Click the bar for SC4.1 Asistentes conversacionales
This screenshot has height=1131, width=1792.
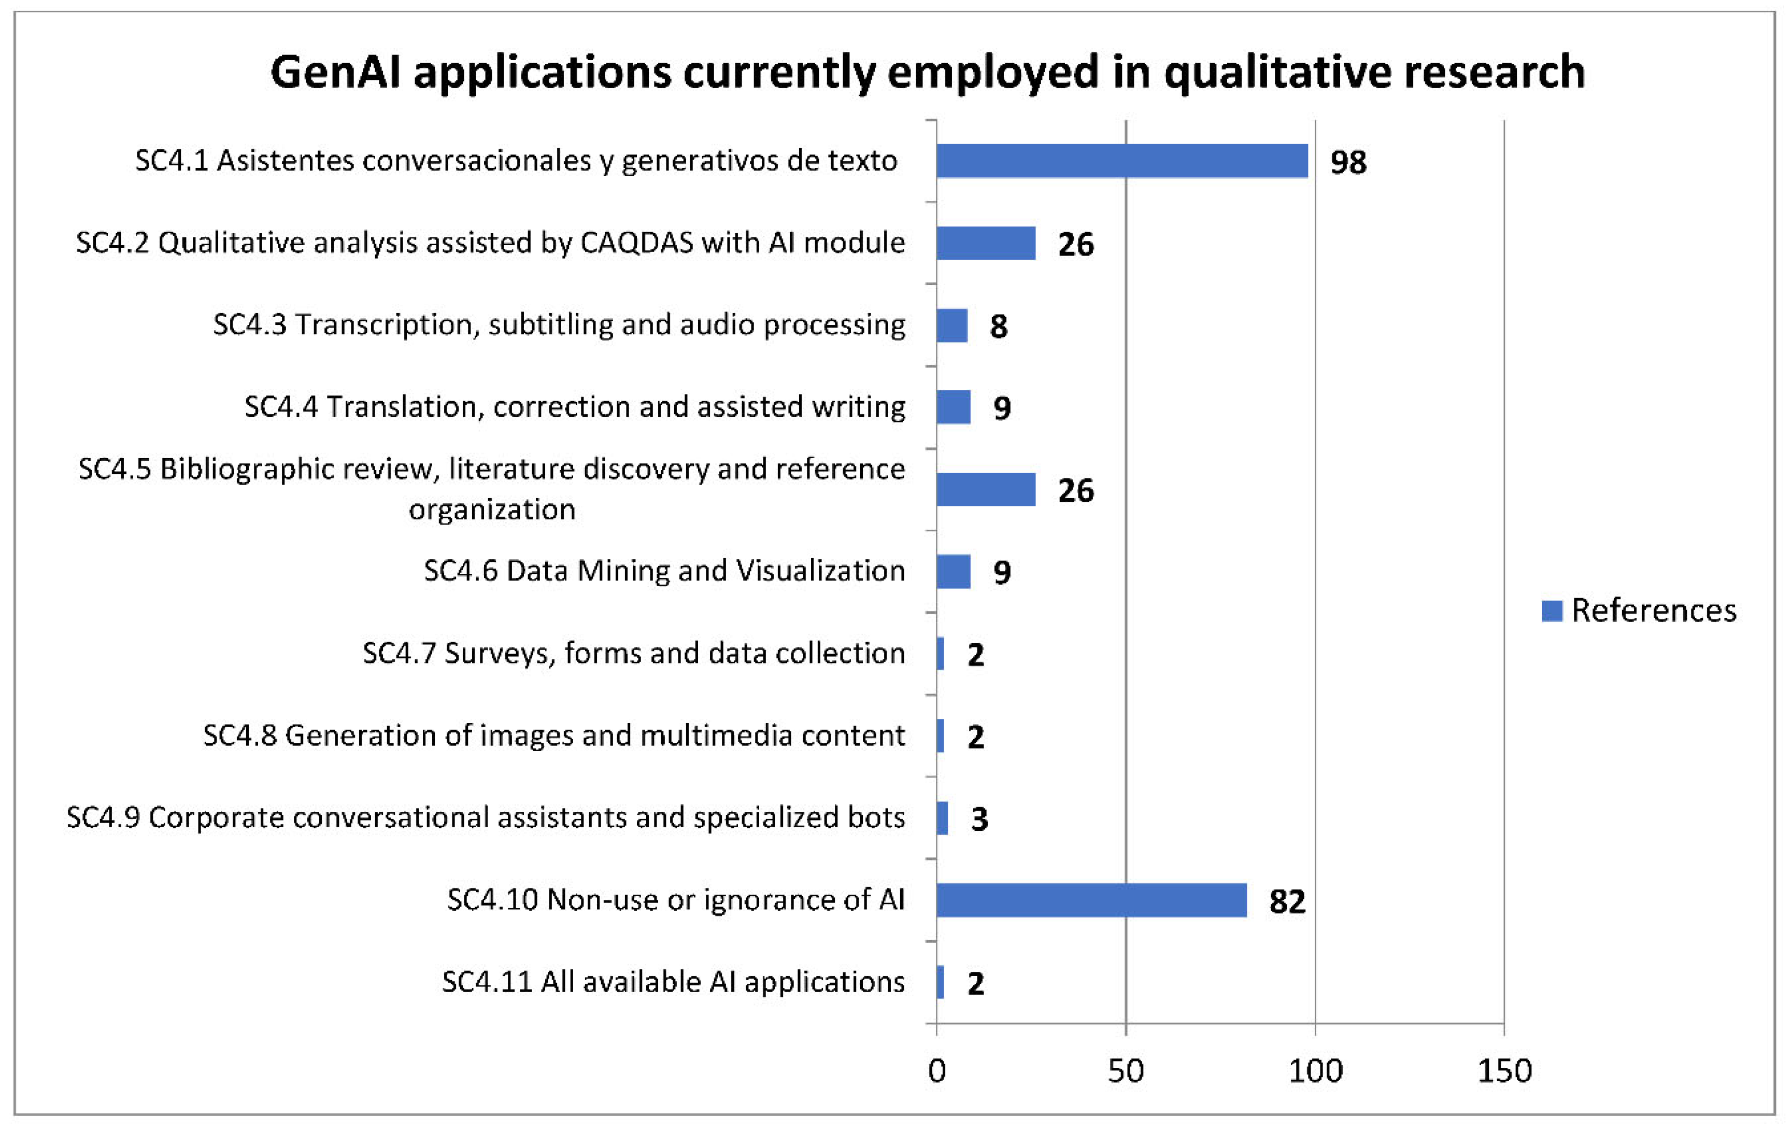pos(1121,161)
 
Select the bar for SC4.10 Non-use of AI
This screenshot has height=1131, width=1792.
pos(1091,900)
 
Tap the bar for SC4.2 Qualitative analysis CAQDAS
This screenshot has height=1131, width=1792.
pos(985,243)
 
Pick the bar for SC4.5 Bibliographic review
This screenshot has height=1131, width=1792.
pos(985,489)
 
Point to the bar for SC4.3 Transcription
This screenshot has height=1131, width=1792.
pos(952,326)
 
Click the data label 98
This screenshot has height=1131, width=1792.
pos(1348,162)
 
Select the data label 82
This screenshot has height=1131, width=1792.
pos(1287,902)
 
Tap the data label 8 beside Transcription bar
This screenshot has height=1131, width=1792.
pos(998,326)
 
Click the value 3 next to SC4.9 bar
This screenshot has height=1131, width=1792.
pos(979,819)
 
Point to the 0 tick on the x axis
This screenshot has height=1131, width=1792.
pos(937,1071)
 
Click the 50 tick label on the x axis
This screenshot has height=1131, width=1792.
pos(1125,1071)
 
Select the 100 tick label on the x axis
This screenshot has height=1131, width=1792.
pos(1315,1071)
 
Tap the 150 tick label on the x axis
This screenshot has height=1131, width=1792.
pos(1504,1071)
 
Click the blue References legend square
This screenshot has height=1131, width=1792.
pos(1552,611)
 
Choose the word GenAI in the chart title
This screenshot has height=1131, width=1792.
pos(336,72)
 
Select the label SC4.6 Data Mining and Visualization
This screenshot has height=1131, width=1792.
pos(664,570)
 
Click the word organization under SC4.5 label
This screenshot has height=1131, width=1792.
pos(492,510)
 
